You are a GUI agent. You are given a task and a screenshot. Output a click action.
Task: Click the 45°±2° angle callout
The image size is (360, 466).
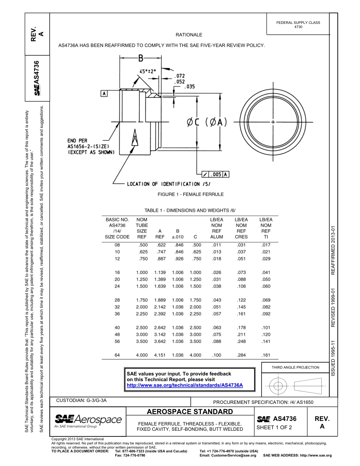tap(147, 71)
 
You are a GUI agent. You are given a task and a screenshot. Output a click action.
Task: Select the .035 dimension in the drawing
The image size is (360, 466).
tap(189, 87)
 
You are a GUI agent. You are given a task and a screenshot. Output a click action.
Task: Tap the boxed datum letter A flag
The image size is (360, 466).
tap(104, 93)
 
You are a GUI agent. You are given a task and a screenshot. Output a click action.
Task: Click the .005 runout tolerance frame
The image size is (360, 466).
tap(215, 174)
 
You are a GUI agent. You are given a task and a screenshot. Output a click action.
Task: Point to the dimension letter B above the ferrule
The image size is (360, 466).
tap(141, 58)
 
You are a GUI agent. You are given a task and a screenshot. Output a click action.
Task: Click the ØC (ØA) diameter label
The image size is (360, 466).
tap(207, 122)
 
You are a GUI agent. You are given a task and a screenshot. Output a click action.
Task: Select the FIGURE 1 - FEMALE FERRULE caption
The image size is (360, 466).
tap(191, 194)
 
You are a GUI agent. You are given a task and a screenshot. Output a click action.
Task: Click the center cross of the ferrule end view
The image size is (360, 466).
tap(273, 122)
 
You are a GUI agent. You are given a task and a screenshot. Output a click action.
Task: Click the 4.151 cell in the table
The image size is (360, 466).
tap(160, 355)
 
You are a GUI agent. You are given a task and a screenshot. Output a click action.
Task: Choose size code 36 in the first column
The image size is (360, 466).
tap(117, 314)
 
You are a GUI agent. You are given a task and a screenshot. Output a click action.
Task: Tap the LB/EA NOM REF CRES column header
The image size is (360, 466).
tap(241, 228)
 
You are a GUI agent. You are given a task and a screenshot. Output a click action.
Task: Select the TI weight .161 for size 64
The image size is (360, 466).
tap(266, 355)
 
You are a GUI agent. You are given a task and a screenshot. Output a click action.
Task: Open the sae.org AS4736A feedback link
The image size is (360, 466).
tap(185, 385)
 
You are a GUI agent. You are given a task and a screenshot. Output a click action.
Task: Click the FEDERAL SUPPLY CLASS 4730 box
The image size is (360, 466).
tap(298, 25)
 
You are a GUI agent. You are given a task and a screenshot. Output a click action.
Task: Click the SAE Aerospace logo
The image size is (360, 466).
tap(88, 421)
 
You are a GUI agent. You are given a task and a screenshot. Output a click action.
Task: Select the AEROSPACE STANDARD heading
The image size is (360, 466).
tap(190, 412)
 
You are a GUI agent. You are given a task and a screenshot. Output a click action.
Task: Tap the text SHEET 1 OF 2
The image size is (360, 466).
tap(274, 428)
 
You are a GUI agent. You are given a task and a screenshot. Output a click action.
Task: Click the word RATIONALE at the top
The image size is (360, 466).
tap(189, 35)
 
